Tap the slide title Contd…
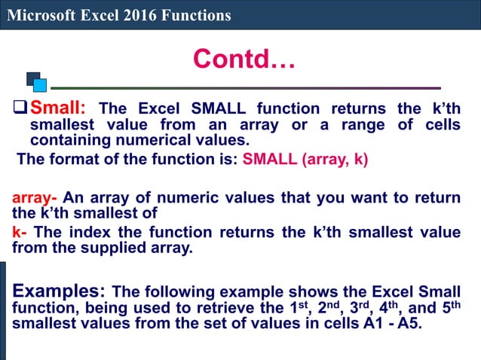244,58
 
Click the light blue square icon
40,85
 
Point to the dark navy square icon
32,78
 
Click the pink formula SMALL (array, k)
305,160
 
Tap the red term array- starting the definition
35,198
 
